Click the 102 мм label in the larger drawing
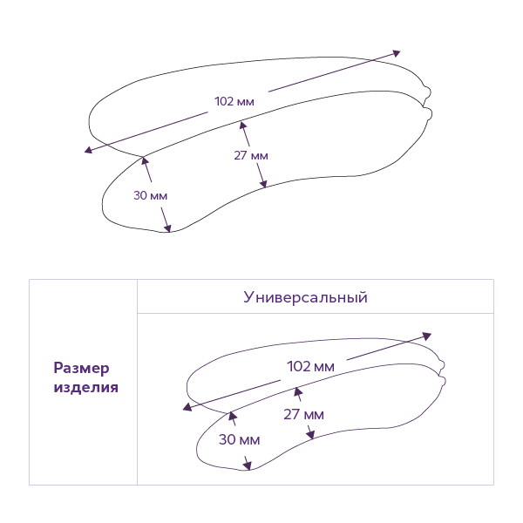click(234, 101)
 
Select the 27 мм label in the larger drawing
click(251, 155)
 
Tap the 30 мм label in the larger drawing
click(150, 194)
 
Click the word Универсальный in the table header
click(305, 297)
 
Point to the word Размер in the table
click(82, 368)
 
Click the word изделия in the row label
click(86, 388)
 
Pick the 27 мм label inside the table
click(303, 414)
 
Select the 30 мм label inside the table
click(239, 439)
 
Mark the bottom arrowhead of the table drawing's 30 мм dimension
click(248, 466)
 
